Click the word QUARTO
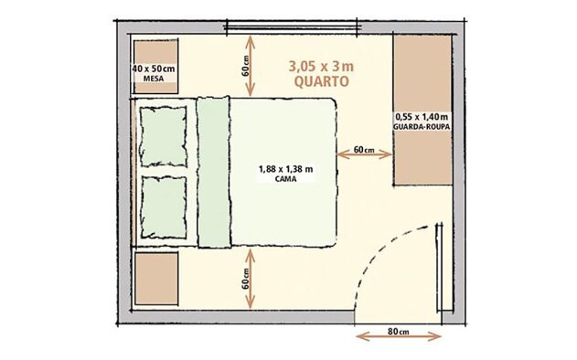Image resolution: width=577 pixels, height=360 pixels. coord(321,81)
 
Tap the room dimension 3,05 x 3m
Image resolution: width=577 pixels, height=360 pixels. coord(321,67)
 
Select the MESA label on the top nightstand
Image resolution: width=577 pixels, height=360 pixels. coord(154,79)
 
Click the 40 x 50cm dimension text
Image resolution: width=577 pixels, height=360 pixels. coord(154,69)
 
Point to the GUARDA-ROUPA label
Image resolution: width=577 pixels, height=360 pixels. coord(422,126)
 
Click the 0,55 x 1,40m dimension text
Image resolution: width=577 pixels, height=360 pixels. coord(422,117)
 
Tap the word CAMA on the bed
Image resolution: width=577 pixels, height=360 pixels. coord(286,179)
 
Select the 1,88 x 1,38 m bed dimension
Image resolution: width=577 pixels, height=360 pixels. coord(286,169)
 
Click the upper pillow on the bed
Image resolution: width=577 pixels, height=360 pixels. coord(163,136)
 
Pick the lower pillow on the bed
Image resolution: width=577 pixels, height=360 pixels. coord(164,207)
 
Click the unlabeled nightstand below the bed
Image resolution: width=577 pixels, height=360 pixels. coord(156,279)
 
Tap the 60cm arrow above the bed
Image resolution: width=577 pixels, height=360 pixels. coord(251,66)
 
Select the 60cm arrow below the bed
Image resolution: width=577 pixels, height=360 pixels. coord(251,279)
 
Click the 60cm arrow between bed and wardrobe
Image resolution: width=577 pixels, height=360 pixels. coord(364,154)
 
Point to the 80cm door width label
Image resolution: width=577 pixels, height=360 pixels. coord(399,332)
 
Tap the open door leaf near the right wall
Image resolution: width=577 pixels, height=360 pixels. coord(439,268)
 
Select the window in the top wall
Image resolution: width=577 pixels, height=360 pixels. coord(292,26)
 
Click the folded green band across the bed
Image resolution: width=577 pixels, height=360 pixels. coord(214,172)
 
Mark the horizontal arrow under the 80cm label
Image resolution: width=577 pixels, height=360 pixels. coord(399,336)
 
